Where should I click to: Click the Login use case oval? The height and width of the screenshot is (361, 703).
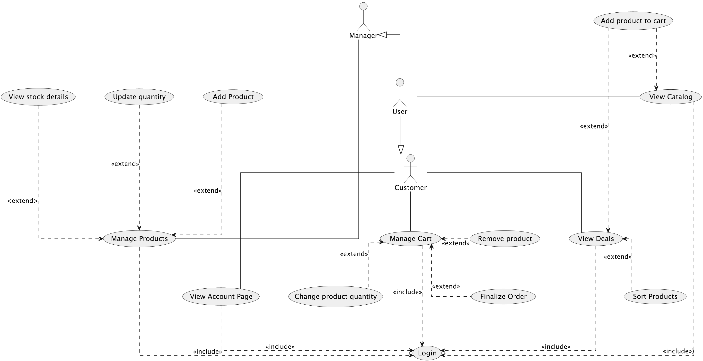(x=427, y=353)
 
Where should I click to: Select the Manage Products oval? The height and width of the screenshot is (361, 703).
(x=139, y=239)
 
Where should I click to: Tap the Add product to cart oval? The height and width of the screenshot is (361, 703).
(x=633, y=21)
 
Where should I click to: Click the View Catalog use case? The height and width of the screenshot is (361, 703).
(x=670, y=97)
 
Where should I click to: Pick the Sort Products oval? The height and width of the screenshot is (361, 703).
(x=655, y=296)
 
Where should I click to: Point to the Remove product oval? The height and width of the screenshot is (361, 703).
(x=505, y=239)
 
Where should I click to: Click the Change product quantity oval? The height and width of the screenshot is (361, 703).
(x=335, y=296)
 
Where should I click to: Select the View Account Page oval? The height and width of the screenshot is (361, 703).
(x=221, y=296)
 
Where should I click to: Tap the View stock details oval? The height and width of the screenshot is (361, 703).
(x=38, y=97)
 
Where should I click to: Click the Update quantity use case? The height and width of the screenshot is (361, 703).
(x=139, y=97)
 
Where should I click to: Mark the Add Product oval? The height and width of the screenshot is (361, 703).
(x=233, y=97)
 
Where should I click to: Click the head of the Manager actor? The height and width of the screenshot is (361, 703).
(x=363, y=6)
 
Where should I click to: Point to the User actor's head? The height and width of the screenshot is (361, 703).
(x=400, y=82)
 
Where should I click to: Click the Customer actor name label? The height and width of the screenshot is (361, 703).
(x=410, y=188)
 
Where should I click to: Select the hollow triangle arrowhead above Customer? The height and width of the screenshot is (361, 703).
(x=401, y=150)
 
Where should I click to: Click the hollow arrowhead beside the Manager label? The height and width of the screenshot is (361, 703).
(x=382, y=35)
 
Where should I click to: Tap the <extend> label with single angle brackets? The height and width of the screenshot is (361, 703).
(x=22, y=201)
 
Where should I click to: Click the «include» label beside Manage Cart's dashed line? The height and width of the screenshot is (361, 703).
(x=407, y=292)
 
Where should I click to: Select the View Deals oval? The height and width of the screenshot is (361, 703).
(x=596, y=239)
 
